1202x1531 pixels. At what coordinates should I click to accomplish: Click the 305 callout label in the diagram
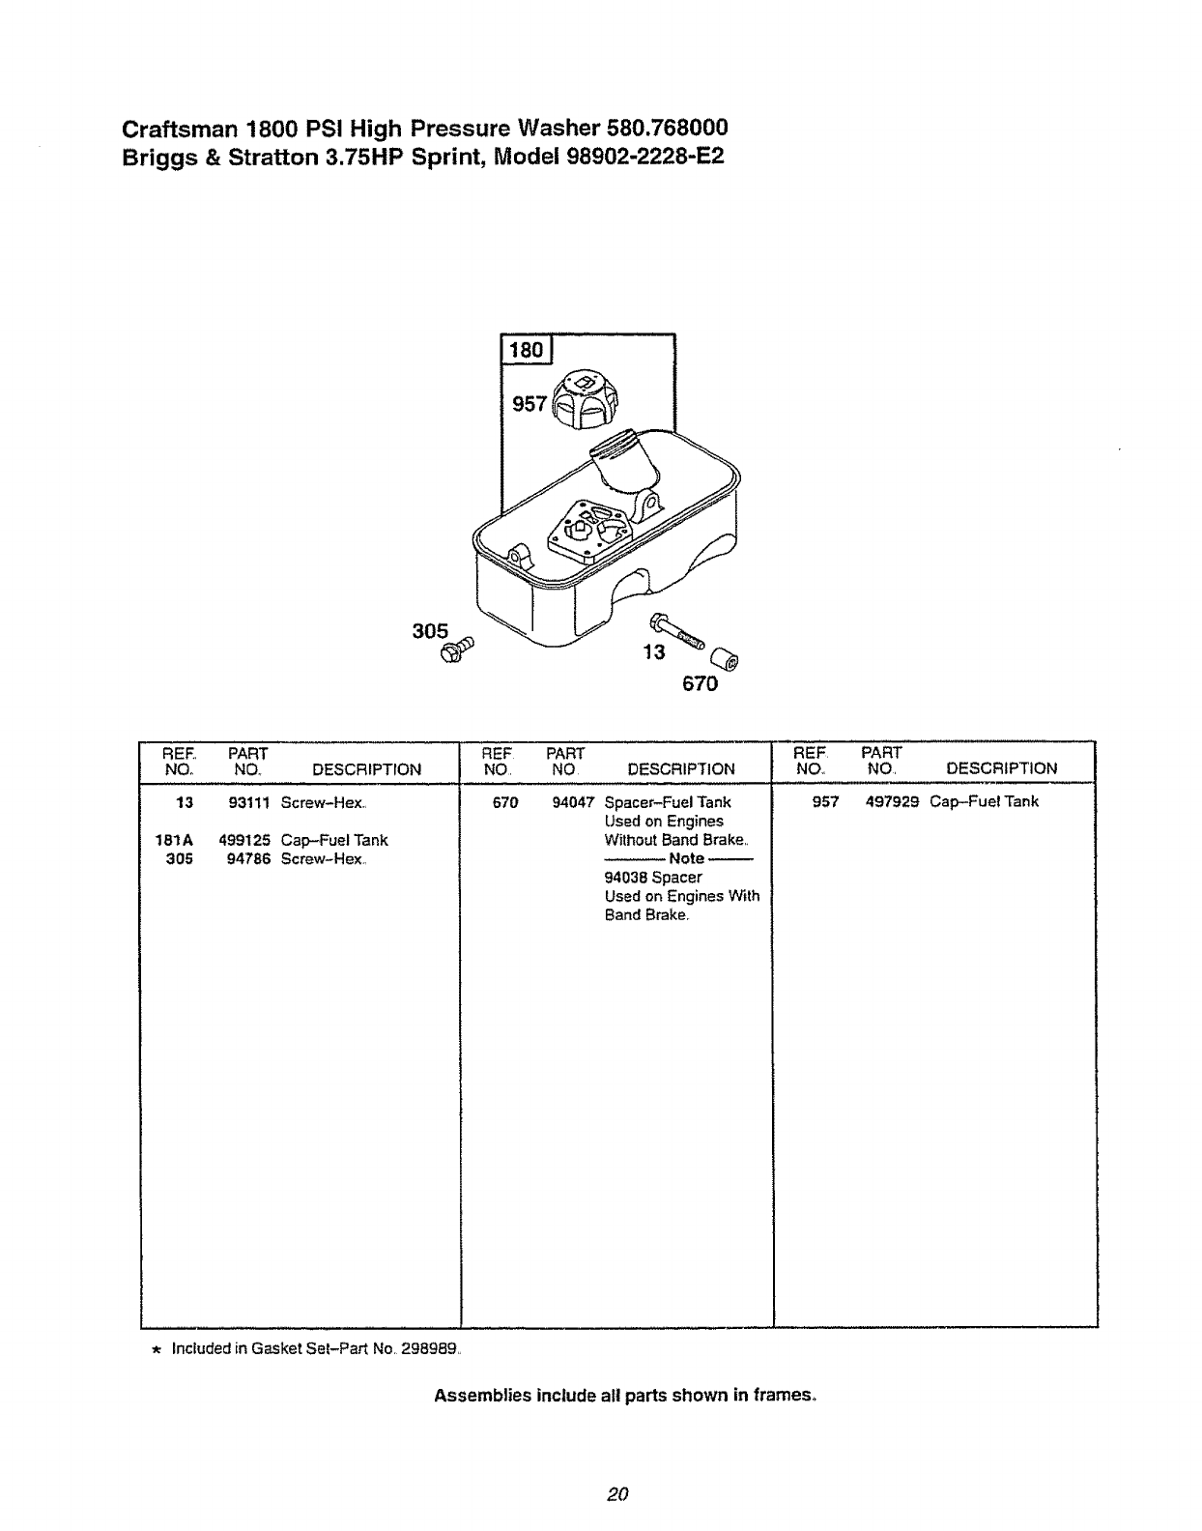coord(430,631)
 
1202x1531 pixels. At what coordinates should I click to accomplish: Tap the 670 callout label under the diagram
coord(700,685)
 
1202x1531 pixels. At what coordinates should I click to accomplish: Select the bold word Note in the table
coord(686,858)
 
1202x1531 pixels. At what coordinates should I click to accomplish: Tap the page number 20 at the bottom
coord(618,1493)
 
